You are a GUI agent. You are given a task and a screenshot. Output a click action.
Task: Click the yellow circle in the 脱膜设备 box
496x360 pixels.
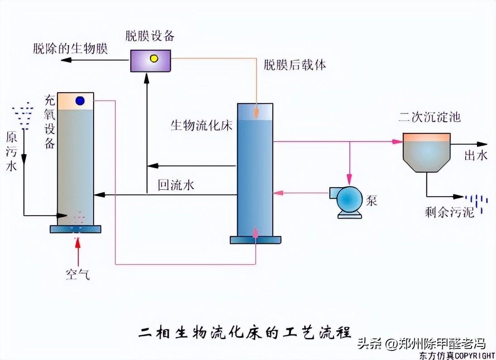click(154, 59)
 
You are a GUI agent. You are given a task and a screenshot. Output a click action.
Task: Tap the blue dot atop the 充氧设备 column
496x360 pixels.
click(81, 100)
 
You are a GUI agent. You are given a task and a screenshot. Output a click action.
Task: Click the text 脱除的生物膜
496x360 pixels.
click(71, 49)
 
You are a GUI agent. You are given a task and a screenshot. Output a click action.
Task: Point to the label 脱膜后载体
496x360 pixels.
click(295, 65)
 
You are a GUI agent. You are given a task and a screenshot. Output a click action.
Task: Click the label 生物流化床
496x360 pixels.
click(201, 125)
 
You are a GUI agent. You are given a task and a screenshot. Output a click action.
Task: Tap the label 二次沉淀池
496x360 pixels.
click(429, 118)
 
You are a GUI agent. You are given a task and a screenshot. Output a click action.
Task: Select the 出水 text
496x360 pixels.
click(476, 156)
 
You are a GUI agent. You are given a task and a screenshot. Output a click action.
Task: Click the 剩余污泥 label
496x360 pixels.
click(443, 212)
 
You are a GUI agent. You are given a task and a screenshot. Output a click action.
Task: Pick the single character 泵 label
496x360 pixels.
click(372, 201)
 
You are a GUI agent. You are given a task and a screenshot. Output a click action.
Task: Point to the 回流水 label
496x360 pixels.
click(176, 185)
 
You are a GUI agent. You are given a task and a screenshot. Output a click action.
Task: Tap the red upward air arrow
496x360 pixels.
click(78, 251)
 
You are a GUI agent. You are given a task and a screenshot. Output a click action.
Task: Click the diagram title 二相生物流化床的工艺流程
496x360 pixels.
click(244, 332)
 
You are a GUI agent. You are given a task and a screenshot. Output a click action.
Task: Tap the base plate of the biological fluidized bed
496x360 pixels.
click(255, 240)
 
